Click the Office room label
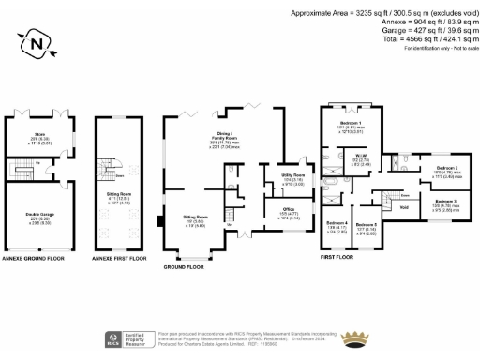coord(290,212)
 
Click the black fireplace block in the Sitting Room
coord(162,222)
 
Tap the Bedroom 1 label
coord(350,125)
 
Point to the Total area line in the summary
coord(415,41)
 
